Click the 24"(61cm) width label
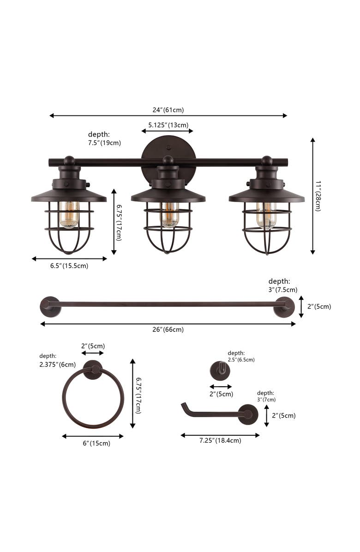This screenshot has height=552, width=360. coord(168,110)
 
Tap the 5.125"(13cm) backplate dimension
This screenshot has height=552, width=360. coord(168,125)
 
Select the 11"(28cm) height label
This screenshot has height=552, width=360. coord(318,196)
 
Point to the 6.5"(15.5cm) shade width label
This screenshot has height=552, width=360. coord(69,266)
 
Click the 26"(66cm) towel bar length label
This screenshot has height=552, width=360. coord(168,330)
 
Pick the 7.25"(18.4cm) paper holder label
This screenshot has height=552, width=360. coord(220,441)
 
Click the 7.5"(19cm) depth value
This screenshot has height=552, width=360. coord(104,143)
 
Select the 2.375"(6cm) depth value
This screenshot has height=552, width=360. coord(57,364)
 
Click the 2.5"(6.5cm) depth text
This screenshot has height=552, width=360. coord(241,360)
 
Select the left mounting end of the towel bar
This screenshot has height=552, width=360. coord(50,306)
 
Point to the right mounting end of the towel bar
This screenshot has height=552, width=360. coord(284,307)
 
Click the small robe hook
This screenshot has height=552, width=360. coord(220,370)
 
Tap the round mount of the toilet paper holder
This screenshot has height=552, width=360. coord(248,414)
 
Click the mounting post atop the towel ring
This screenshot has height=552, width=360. coord(93,370)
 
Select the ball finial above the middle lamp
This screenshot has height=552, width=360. coord(168,160)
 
